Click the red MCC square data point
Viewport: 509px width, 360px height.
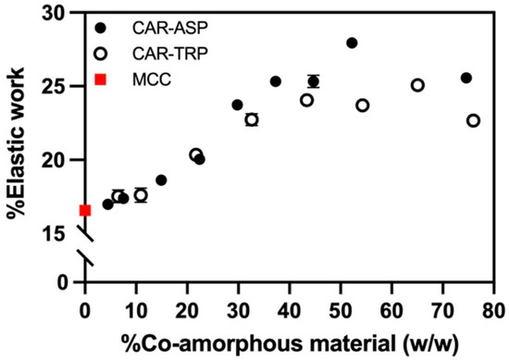click(85, 210)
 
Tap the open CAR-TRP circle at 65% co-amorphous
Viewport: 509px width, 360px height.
click(417, 85)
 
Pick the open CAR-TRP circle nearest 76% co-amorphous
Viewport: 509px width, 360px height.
click(474, 120)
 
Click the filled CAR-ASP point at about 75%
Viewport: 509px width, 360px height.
click(466, 78)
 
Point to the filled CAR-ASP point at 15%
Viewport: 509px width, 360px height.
click(161, 180)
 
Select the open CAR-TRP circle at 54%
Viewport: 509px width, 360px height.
click(362, 106)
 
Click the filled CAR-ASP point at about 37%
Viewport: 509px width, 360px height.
click(276, 81)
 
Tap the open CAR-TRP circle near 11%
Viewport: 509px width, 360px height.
click(141, 195)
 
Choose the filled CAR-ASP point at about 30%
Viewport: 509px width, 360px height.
click(238, 105)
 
